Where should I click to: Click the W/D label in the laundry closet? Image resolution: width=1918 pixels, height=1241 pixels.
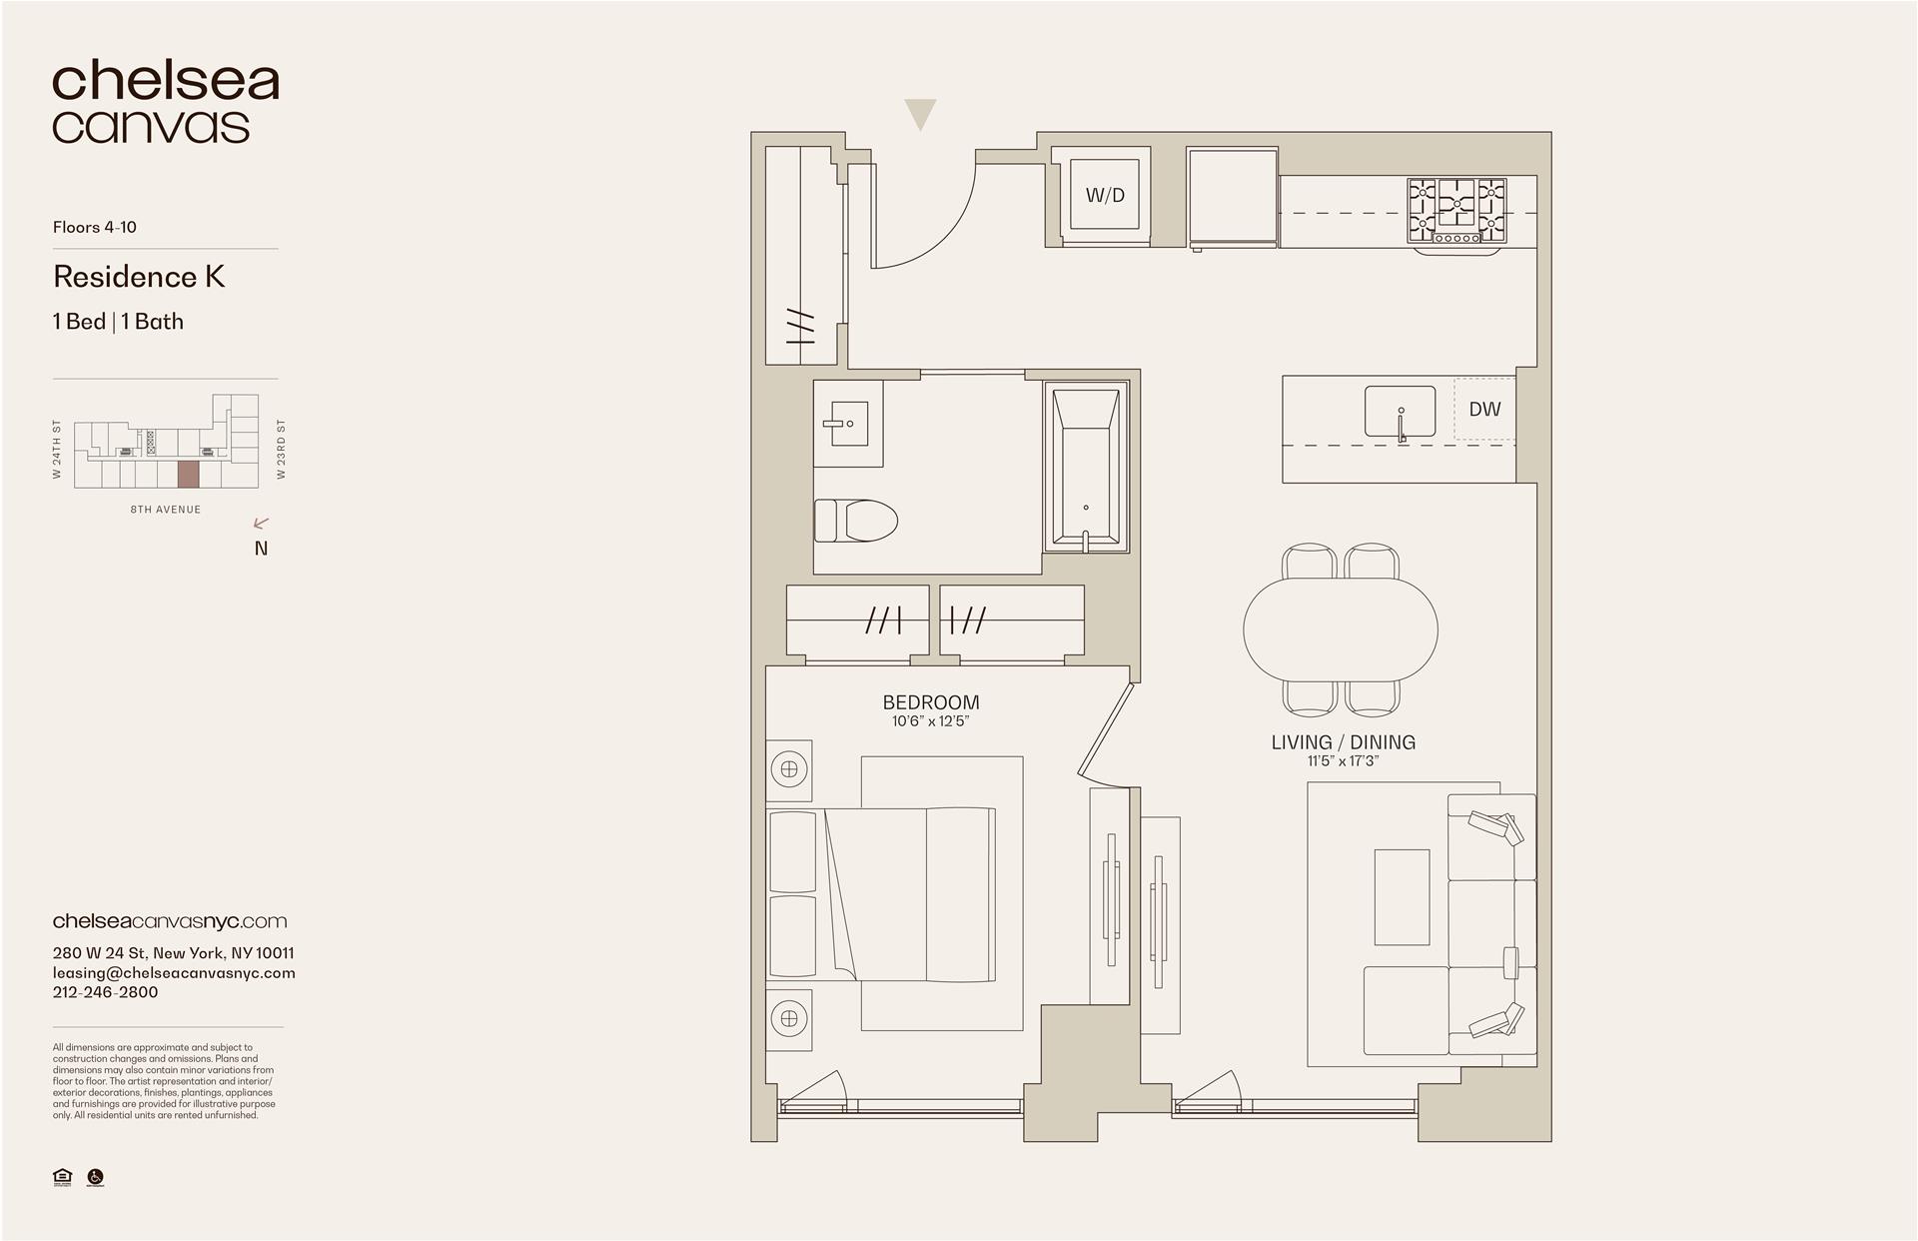pos(1105,195)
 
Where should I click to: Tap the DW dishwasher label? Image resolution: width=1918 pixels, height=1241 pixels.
pos(1484,409)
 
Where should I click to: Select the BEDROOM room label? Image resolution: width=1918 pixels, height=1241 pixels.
pos(931,702)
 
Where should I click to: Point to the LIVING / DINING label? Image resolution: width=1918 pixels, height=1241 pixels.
pos(1343,742)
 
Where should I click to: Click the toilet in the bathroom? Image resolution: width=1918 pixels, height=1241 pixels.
pos(855,521)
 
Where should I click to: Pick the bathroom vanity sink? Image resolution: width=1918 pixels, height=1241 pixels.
pos(846,424)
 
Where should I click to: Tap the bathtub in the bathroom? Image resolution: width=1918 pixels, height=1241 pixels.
pos(1086,467)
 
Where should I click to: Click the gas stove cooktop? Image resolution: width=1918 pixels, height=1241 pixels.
pos(1456,210)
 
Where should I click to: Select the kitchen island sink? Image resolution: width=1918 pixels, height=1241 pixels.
pos(1401,412)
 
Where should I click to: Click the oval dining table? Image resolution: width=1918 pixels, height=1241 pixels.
pos(1341,629)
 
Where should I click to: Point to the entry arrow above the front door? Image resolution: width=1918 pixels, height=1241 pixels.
pos(920,114)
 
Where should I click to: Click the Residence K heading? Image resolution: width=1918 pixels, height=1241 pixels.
pos(139,277)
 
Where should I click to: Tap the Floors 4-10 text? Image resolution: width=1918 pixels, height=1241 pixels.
pos(95,227)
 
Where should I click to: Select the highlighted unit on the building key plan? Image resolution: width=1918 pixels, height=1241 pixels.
pos(188,474)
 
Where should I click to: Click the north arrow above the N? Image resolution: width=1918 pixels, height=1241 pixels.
pos(262,523)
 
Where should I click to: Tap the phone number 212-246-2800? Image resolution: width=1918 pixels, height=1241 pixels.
pos(105,992)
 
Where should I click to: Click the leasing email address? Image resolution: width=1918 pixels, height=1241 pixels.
pos(174,972)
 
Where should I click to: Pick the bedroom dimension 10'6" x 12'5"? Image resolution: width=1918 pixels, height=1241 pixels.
pos(931,721)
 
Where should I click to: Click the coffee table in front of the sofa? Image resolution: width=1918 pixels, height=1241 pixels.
pos(1402,896)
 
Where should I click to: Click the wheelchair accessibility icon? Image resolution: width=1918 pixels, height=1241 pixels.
pos(96,1177)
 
